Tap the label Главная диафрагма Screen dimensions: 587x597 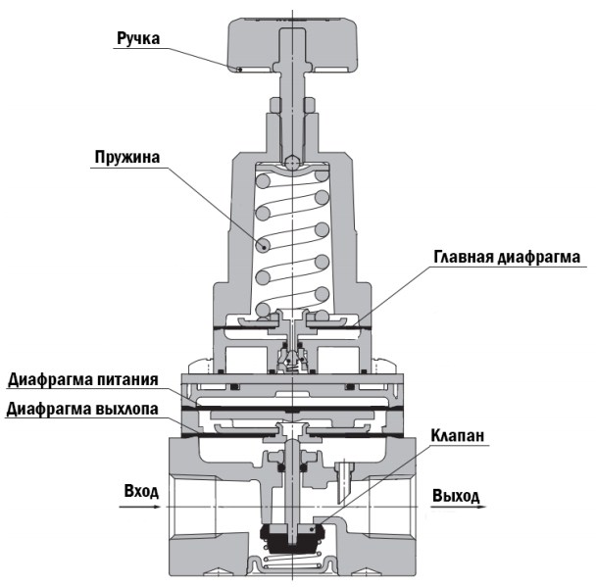507,257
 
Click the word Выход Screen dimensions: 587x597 456,496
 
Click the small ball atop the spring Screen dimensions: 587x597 291,162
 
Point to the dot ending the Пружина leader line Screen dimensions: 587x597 262,245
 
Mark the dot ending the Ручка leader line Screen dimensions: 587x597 238,70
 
